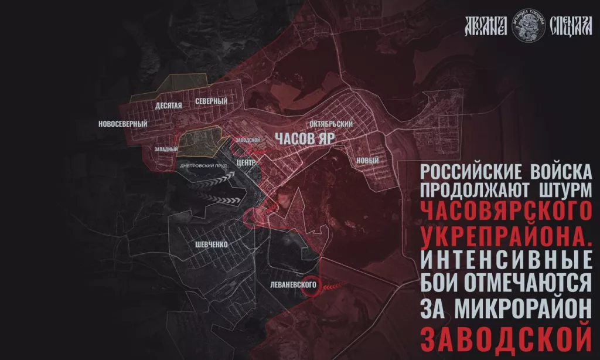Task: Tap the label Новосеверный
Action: (x=123, y=124)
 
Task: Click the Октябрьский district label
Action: (x=333, y=124)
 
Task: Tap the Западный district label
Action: (x=166, y=150)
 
